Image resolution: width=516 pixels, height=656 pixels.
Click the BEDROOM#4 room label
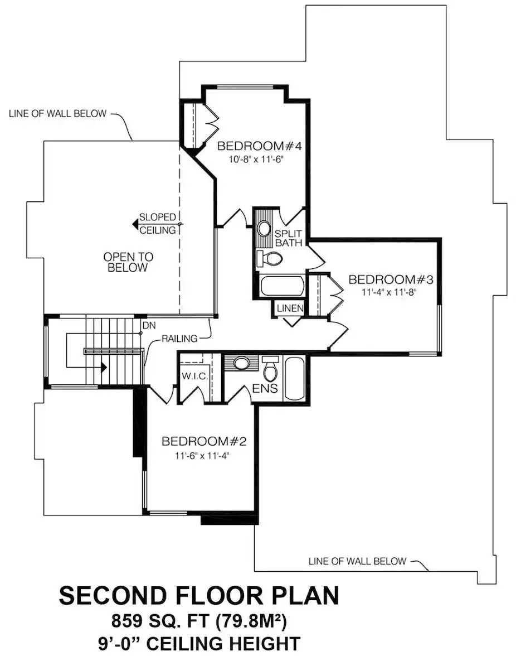coord(259,147)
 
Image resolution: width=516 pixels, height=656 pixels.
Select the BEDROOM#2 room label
coord(204,442)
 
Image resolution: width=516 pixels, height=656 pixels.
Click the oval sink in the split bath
coord(264,229)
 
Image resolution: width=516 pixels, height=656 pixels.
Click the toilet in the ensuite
coord(271,368)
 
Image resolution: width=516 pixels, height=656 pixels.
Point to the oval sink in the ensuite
coord(241,363)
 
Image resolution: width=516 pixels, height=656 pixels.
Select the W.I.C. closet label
coord(195,377)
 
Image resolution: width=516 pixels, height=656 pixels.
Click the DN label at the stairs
coord(148,325)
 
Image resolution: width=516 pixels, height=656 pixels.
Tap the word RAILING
coord(179,339)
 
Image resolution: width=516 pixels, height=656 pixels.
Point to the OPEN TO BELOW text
coord(128,262)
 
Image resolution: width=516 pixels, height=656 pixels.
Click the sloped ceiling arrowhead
coord(135,224)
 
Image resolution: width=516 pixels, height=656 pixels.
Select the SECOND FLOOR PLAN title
coord(199,595)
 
